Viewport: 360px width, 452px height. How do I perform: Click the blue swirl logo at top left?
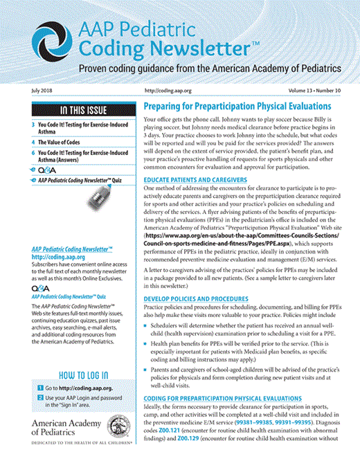(39, 39)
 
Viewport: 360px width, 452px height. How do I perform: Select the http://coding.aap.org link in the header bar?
(169, 92)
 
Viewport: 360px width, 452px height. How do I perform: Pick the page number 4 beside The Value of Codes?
(32, 141)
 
